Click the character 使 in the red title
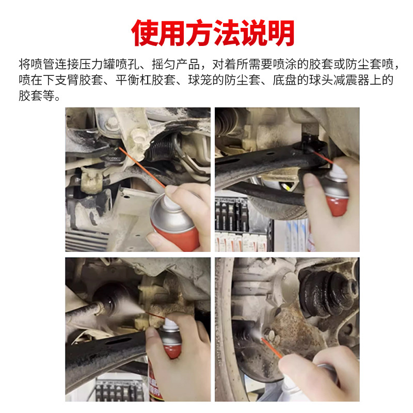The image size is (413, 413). (x=147, y=33)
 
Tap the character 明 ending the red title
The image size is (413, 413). (x=278, y=33)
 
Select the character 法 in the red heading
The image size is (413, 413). (x=212, y=33)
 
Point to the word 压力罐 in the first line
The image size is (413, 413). (x=103, y=65)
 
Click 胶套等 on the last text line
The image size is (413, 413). (x=39, y=96)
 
